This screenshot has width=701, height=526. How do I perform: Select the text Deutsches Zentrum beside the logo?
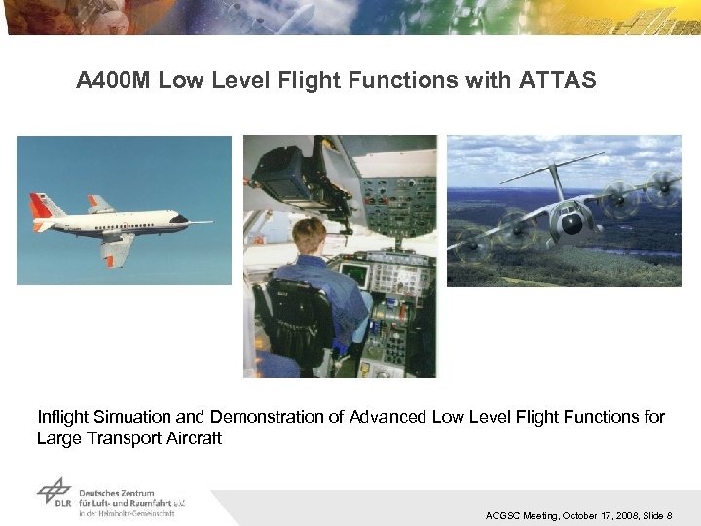(115, 493)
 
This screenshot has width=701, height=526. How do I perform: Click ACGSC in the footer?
(502, 515)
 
